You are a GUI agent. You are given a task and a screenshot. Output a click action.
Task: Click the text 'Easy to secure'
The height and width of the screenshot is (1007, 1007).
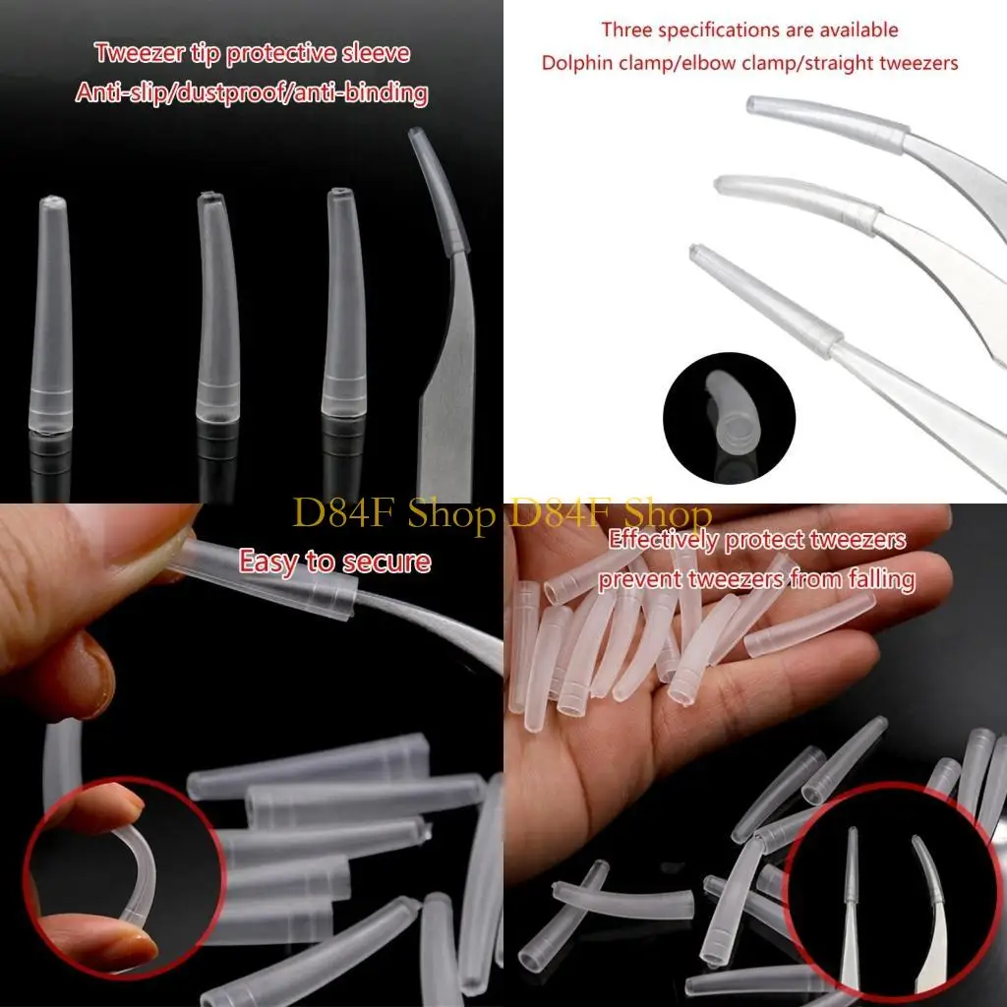[334, 563]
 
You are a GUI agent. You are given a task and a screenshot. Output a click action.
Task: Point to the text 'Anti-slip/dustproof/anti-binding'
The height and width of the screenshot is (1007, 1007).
[252, 93]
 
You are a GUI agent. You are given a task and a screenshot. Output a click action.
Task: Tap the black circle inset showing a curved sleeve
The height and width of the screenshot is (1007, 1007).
[729, 414]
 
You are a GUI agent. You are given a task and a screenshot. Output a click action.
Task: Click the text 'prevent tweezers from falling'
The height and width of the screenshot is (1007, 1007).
[756, 579]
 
